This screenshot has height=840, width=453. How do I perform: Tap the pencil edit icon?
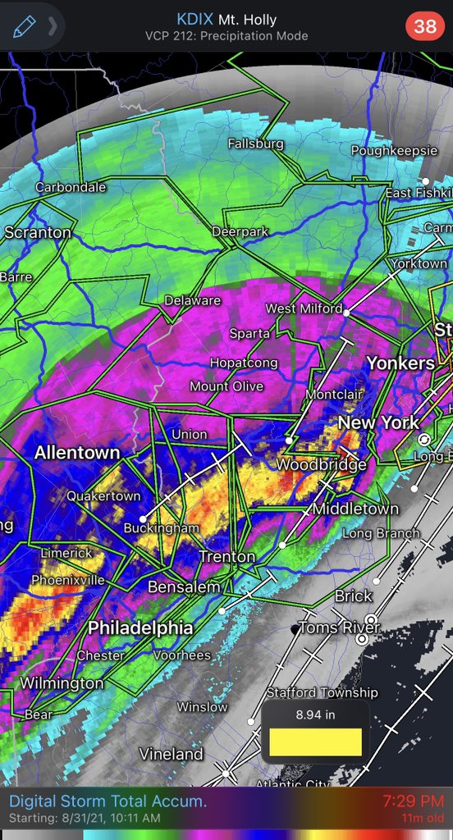click(x=22, y=26)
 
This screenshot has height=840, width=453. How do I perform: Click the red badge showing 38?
click(x=425, y=26)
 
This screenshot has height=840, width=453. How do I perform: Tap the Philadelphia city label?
click(x=140, y=628)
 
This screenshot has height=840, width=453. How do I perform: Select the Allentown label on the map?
click(x=77, y=453)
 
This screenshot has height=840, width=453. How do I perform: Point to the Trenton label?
click(x=227, y=557)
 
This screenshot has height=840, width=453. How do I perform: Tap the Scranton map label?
click(x=38, y=233)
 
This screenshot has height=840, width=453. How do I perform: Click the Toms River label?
click(x=339, y=628)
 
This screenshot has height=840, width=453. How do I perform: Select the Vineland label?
click(x=171, y=753)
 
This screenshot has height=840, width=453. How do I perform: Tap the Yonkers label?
click(x=400, y=363)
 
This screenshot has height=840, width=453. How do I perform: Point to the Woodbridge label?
click(x=320, y=465)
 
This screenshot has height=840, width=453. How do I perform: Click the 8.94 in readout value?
click(x=315, y=714)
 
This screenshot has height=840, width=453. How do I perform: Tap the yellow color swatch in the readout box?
click(x=315, y=742)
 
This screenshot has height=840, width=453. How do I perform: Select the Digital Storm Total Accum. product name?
click(x=108, y=801)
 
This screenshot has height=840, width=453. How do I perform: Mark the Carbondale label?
click(x=71, y=187)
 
